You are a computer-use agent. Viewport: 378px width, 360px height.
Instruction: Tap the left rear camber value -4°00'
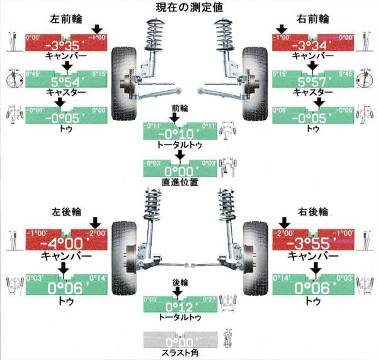pos(64,243)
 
